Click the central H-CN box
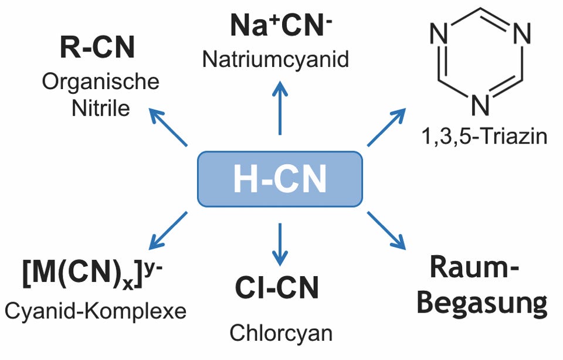pos(279,179)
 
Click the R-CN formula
pos(97,49)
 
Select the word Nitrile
pos(101,108)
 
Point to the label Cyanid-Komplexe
pos(94,311)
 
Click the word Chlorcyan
pos(280,333)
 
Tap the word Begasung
pos(485,304)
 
